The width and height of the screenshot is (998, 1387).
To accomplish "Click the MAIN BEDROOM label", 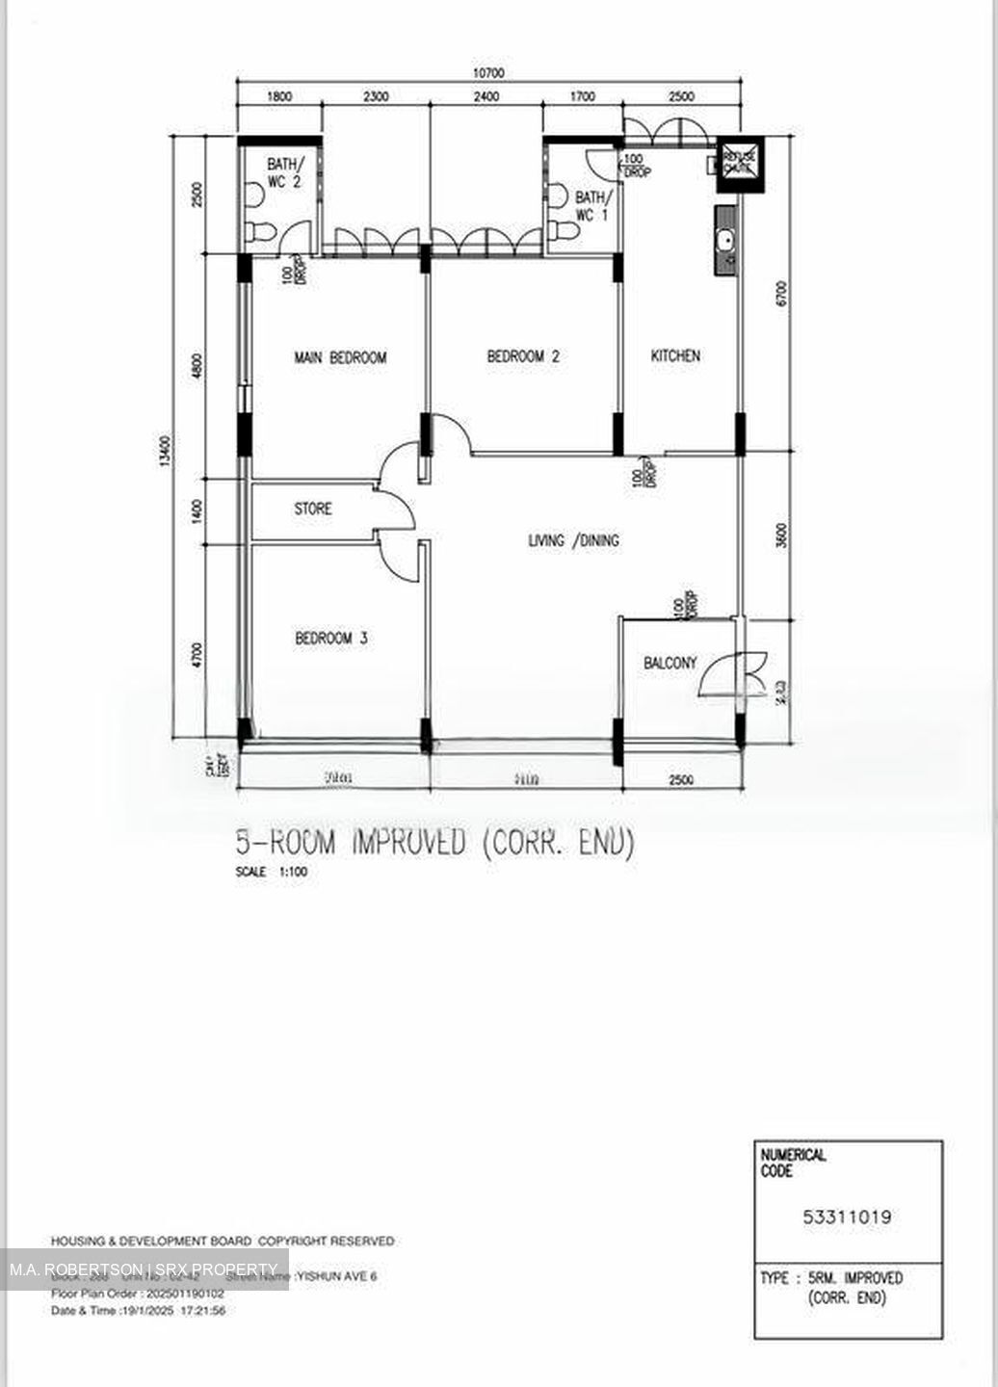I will [x=340, y=357].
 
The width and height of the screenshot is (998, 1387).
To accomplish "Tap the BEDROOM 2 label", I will [x=523, y=356].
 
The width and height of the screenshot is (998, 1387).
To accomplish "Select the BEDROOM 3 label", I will [x=331, y=638].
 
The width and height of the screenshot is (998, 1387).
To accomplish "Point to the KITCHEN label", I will [x=675, y=355].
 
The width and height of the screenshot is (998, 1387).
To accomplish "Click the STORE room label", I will [x=313, y=509].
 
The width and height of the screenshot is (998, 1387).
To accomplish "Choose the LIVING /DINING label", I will [x=573, y=540].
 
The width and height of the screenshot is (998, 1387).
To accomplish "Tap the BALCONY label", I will [x=670, y=663].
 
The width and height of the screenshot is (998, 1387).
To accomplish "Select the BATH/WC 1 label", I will [x=590, y=206].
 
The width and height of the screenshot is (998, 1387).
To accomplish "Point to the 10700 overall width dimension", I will [x=488, y=73].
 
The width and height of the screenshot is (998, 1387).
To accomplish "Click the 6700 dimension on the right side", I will [x=781, y=293].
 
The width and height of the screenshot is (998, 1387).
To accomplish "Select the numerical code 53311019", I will [x=847, y=1217].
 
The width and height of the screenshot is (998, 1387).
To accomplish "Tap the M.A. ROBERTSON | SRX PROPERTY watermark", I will [x=144, y=1269].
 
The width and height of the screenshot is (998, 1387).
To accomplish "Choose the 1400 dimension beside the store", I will [x=197, y=511].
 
